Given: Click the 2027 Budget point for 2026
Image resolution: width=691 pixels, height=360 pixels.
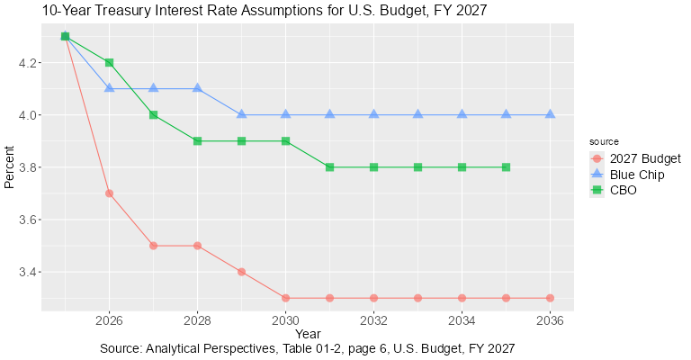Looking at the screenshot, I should (x=110, y=193).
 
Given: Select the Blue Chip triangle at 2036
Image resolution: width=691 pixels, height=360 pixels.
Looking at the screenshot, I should (x=550, y=114).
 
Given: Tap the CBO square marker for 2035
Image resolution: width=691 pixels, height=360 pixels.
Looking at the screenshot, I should (x=506, y=167).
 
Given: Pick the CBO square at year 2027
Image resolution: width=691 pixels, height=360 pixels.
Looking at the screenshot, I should (x=154, y=115).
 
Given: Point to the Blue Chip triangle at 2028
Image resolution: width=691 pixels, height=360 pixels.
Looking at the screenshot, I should (x=198, y=88).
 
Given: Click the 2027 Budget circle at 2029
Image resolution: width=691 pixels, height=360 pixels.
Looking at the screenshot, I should (x=242, y=272).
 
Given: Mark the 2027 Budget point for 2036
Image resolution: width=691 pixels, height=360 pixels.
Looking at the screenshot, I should (x=550, y=298).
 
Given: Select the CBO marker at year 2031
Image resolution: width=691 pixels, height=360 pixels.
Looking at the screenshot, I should (x=330, y=167).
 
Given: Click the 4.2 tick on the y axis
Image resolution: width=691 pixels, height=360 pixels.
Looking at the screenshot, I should (x=25, y=63).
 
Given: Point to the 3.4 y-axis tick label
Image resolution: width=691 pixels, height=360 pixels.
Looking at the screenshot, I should (x=25, y=272).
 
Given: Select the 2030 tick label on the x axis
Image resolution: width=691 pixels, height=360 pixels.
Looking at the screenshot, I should (x=286, y=319).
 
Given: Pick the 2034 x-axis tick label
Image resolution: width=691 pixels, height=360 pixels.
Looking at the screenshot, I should (x=462, y=319).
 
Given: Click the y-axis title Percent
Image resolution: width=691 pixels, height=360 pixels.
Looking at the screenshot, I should (x=10, y=167).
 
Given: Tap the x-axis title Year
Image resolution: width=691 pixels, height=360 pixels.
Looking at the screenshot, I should (x=307, y=334).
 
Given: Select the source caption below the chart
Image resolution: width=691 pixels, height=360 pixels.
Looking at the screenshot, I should (x=307, y=348).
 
